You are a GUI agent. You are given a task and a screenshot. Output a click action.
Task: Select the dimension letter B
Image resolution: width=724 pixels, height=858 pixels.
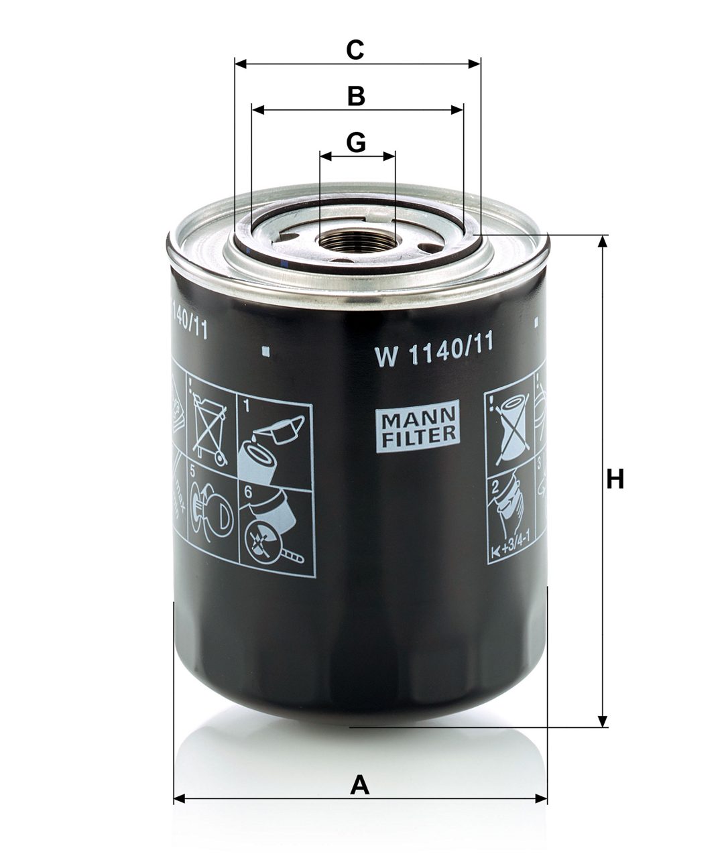click(356, 96)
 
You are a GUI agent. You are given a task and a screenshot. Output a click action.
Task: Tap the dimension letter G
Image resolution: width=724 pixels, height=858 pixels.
click(356, 142)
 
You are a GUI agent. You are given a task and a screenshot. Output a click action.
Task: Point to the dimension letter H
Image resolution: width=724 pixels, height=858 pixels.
click(615, 480)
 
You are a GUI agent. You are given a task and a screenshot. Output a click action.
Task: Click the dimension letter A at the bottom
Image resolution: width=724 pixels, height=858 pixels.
click(360, 784)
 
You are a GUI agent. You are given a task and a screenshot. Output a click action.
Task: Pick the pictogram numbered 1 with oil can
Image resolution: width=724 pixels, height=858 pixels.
click(275, 439)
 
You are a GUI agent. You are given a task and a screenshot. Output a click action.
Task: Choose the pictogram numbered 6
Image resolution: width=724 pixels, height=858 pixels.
click(275, 530)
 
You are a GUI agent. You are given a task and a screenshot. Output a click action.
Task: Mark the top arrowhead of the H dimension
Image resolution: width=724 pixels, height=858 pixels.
click(604, 241)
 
